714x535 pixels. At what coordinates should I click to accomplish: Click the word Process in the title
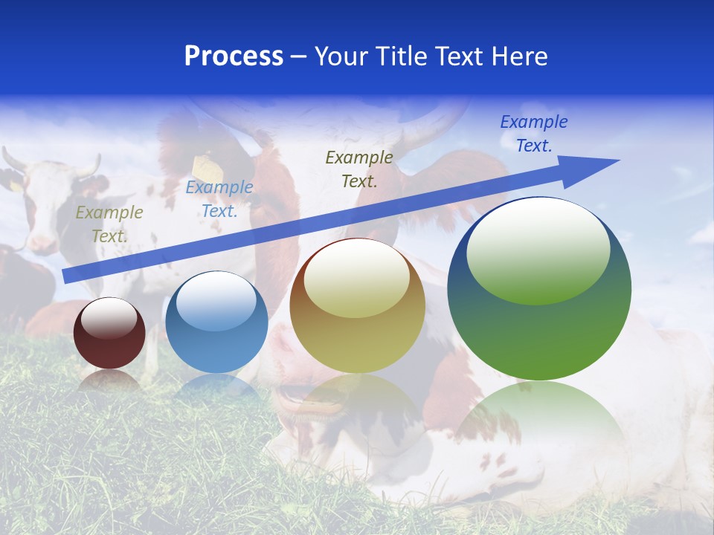point(234,56)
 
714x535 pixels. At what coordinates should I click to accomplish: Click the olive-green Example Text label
point(109,224)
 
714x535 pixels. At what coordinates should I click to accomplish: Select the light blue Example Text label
point(219,199)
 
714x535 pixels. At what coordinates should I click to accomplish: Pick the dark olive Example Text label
point(359,169)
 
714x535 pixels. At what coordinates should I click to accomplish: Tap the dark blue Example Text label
point(533,134)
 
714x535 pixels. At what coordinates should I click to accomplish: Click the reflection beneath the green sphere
point(539,424)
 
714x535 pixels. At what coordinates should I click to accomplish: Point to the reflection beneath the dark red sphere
point(109,380)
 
